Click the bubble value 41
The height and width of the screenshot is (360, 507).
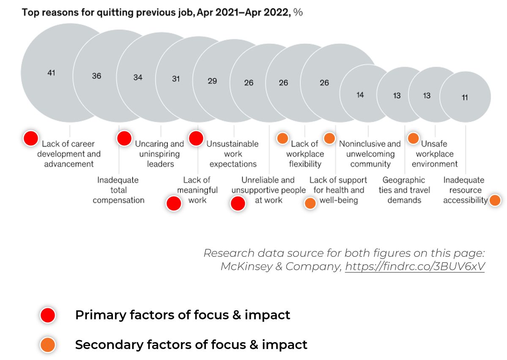point(51,73)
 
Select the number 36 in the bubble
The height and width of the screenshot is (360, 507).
point(96,76)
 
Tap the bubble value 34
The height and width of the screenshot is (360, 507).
point(138,77)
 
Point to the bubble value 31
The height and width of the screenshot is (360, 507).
point(176,79)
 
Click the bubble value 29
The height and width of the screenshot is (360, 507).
point(212,80)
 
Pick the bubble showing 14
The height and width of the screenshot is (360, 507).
point(360,95)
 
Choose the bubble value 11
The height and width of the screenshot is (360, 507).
point(465,98)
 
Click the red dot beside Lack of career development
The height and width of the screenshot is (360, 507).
point(30,138)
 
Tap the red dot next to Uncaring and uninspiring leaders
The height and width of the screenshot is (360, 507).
point(124,138)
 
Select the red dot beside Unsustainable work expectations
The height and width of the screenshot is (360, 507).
point(196,138)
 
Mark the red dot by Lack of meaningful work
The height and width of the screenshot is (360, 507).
point(174,203)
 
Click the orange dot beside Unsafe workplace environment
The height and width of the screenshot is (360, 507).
point(413,138)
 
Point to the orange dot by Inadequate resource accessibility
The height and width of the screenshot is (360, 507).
point(495,201)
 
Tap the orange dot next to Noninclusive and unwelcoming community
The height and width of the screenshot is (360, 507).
point(329,138)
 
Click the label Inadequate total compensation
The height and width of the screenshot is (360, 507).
point(118,190)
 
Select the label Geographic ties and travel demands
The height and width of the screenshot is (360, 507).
point(404,190)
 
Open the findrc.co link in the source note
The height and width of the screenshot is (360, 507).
point(415,267)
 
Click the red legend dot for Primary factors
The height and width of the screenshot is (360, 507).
point(48,315)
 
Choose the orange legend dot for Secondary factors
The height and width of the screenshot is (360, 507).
point(48,345)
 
